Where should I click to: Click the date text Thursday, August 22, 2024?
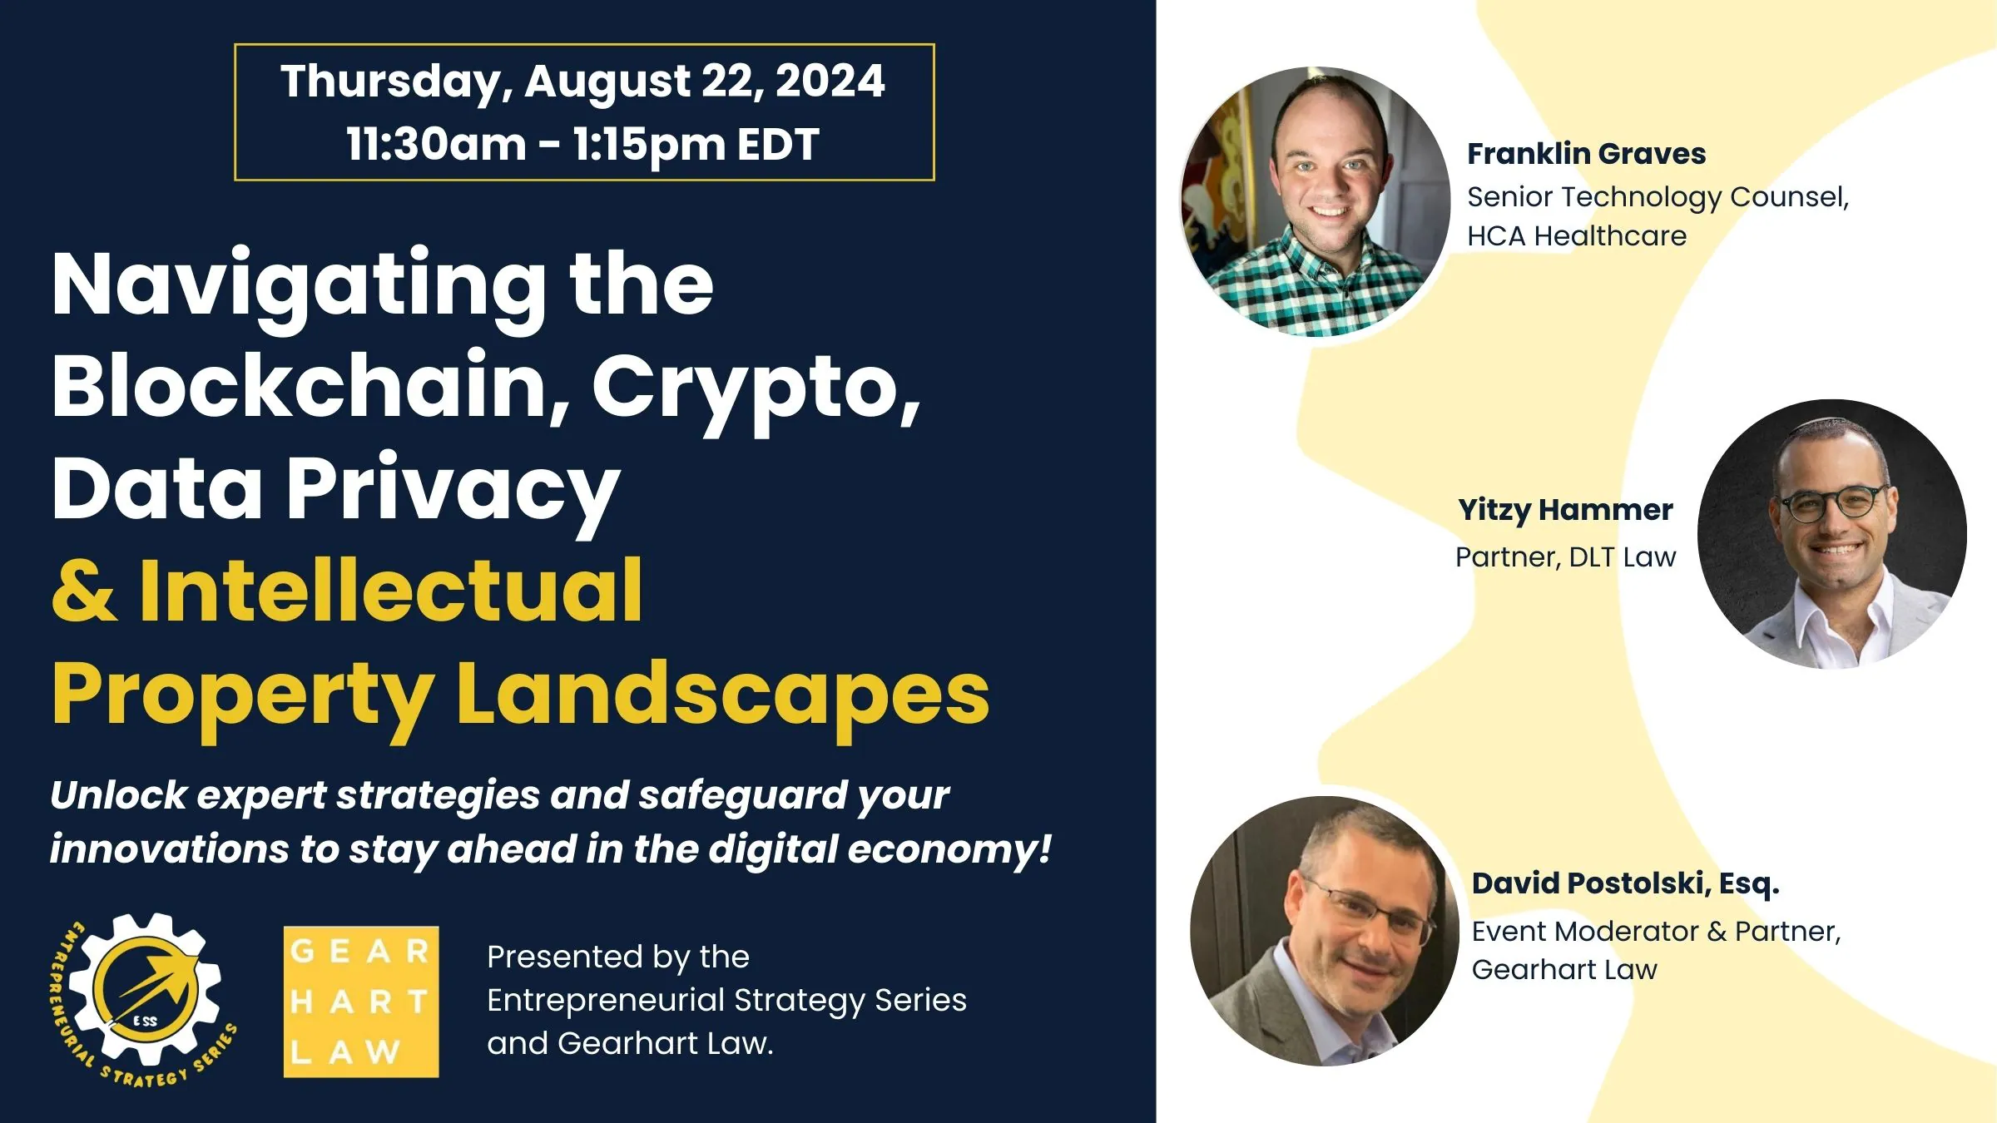pyautogui.click(x=582, y=82)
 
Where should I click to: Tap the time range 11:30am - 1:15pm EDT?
pyautogui.click(x=582, y=145)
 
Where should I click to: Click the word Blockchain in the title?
pyautogui.click(x=310, y=386)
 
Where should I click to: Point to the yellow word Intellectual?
pyautogui.click(x=391, y=591)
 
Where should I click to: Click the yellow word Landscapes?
pyautogui.click(x=722, y=694)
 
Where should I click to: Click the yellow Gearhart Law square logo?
pyautogui.click(x=361, y=1002)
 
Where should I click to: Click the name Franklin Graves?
pyautogui.click(x=1586, y=154)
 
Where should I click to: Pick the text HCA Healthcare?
pyautogui.click(x=1576, y=236)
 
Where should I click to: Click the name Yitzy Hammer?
pyautogui.click(x=1565, y=510)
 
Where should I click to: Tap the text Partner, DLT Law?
pyautogui.click(x=1565, y=557)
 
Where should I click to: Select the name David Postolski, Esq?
pyautogui.click(x=1625, y=883)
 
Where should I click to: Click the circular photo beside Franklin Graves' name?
pyautogui.click(x=1315, y=202)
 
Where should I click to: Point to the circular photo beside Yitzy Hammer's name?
pyautogui.click(x=1831, y=534)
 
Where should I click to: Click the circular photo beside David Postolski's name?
pyautogui.click(x=1325, y=931)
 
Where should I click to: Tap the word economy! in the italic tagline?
pyautogui.click(x=949, y=849)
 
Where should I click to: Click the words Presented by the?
pyautogui.click(x=618, y=957)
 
